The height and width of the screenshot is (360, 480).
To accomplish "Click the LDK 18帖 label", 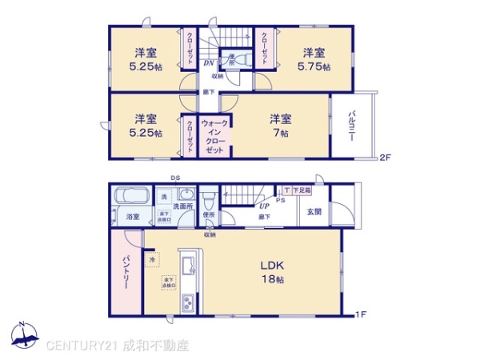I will pyautogui.click(x=272, y=272).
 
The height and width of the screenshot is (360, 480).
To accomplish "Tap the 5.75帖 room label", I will pyautogui.click(x=313, y=60).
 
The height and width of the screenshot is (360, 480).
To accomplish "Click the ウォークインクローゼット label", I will pyautogui.click(x=215, y=137).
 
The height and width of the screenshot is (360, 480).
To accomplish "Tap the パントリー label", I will pyautogui.click(x=126, y=272).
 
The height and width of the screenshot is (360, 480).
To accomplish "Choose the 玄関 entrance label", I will pyautogui.click(x=314, y=212).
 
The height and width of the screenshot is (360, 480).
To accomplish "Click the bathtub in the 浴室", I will pyautogui.click(x=128, y=197).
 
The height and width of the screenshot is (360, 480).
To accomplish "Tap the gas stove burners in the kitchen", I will pyautogui.click(x=188, y=302).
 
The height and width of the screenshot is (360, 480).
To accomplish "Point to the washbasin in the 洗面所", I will pyautogui.click(x=186, y=197).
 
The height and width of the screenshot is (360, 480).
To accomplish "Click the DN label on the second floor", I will pyautogui.click(x=207, y=62).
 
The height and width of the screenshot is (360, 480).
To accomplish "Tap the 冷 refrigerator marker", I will pyautogui.click(x=151, y=259).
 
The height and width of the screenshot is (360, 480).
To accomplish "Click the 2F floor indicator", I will pyautogui.click(x=385, y=156).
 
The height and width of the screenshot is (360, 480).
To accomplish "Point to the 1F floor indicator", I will pyautogui.click(x=360, y=314).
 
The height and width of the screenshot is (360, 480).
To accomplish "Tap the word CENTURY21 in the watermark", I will pyautogui.click(x=82, y=346).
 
